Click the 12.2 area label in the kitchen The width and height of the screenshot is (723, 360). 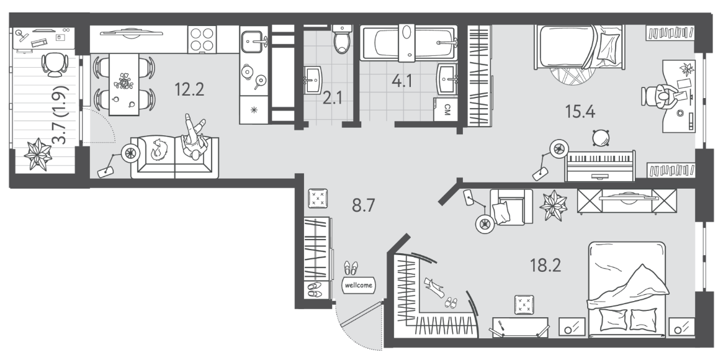[x=189, y=89]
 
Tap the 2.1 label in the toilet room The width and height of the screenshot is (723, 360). [x=332, y=99]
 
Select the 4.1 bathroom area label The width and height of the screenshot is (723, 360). [x=402, y=81]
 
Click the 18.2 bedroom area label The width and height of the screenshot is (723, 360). [x=545, y=266]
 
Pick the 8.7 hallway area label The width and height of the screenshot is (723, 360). [x=363, y=205]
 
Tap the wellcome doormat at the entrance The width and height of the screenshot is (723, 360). [x=358, y=286]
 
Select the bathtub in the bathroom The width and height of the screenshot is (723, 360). [x=408, y=43]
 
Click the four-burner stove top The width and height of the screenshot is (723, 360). [x=202, y=39]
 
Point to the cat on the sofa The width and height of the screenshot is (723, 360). [x=159, y=150]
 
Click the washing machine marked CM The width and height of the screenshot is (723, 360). [x=446, y=109]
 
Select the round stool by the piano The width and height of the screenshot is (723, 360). [x=601, y=137]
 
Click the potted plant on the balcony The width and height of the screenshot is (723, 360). [x=38, y=155]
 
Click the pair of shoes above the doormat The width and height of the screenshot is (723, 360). [x=351, y=268]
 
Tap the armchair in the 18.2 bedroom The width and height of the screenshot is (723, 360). [x=510, y=207]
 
